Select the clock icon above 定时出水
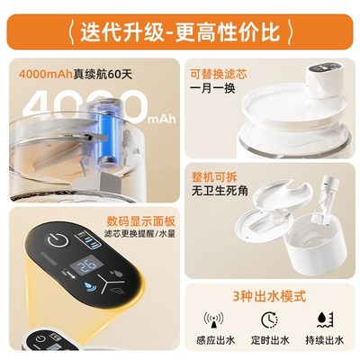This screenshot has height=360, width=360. [269, 319]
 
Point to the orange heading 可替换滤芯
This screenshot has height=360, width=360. [218, 73]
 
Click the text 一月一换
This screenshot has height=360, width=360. [212, 91]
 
